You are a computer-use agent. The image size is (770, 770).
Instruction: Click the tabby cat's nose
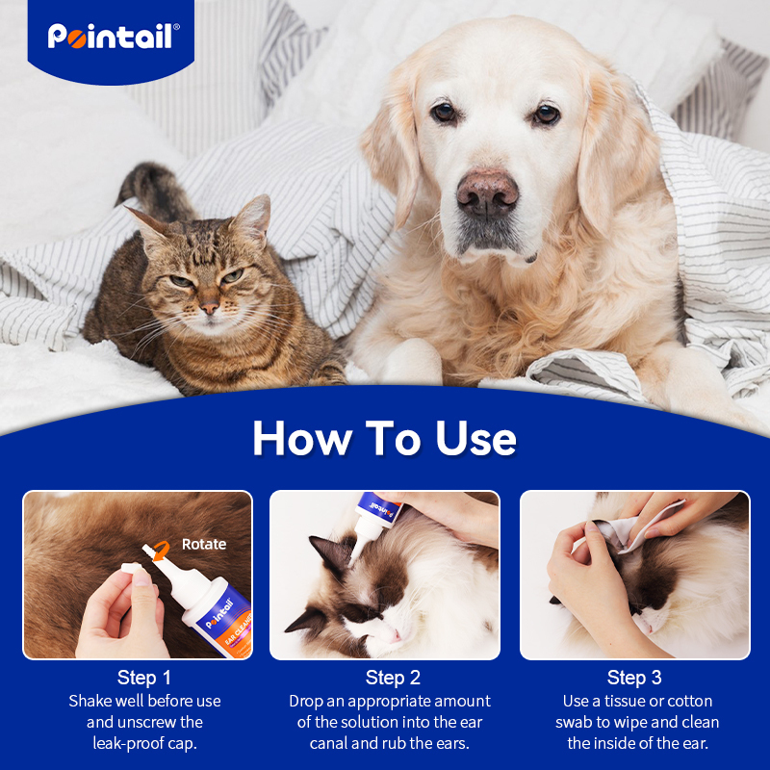click(209, 307)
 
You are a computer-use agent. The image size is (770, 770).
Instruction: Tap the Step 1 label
click(144, 678)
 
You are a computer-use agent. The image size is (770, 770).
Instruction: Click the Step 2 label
click(393, 678)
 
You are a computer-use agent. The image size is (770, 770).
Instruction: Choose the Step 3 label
click(634, 678)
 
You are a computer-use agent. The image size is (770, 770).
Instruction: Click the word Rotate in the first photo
click(204, 544)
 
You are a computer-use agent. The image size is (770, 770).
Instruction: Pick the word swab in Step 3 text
click(576, 722)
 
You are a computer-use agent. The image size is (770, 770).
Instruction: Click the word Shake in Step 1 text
click(90, 701)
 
